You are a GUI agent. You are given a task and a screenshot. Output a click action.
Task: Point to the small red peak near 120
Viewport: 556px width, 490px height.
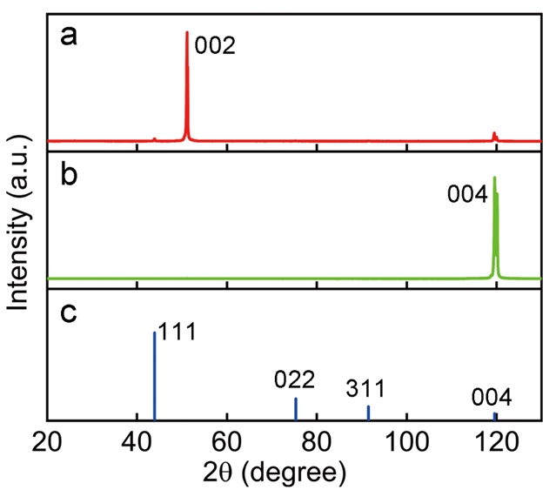pos(494,136)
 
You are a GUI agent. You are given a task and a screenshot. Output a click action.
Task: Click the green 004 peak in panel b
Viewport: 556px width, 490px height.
pos(495,226)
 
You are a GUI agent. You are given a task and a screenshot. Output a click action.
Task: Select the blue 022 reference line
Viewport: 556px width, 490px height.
pos(296,409)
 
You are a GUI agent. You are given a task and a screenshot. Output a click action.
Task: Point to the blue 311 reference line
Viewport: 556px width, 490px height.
pos(368,413)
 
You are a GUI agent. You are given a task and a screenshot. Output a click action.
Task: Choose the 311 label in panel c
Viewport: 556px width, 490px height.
pos(365,388)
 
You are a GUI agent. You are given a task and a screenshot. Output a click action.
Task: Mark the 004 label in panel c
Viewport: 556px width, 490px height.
pos(492,398)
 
